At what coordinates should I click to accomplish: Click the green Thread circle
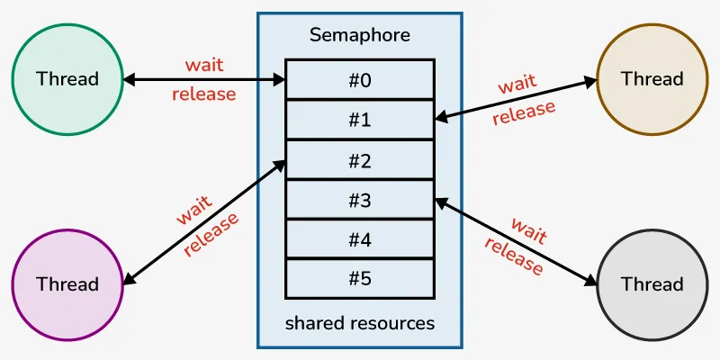click(67, 78)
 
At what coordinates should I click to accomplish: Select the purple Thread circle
click(67, 284)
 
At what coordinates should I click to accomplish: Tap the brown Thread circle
click(652, 78)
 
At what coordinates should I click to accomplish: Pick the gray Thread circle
click(652, 284)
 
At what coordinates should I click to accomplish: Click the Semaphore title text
click(359, 35)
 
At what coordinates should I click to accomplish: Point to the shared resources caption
click(359, 322)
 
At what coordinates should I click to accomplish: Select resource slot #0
click(359, 79)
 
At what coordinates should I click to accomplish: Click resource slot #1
click(359, 120)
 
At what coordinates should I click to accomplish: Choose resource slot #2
click(359, 160)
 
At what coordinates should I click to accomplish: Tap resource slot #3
click(359, 201)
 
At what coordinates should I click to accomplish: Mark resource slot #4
click(359, 240)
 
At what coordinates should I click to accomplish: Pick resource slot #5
click(359, 279)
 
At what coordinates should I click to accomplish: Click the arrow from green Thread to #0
click(204, 80)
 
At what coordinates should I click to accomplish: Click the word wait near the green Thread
click(204, 65)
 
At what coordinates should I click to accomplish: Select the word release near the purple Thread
click(212, 235)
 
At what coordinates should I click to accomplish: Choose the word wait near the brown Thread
click(517, 85)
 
